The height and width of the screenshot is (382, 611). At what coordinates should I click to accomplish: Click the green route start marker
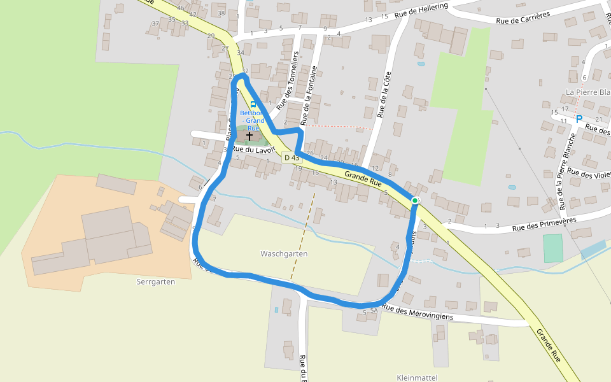415,201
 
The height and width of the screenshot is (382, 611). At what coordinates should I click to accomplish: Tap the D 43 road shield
291,157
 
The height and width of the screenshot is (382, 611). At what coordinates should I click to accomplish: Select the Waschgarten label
284,253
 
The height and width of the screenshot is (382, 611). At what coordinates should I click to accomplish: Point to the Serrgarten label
155,281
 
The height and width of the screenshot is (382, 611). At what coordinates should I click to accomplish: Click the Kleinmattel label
417,378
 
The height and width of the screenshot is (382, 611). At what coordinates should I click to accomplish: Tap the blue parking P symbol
579,118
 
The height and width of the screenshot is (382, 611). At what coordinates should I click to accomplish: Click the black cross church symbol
249,136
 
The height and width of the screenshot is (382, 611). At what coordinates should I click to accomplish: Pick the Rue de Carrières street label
523,18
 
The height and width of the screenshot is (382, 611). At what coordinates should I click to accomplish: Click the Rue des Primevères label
544,223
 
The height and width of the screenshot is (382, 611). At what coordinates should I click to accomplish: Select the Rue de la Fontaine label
309,95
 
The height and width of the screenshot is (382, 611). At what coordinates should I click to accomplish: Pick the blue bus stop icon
253,104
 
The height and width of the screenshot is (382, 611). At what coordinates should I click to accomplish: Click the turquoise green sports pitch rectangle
553,248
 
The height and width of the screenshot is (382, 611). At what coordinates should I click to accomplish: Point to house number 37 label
155,24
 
